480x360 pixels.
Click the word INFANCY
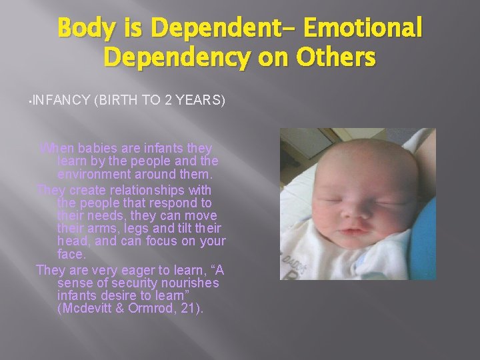click(61, 101)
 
